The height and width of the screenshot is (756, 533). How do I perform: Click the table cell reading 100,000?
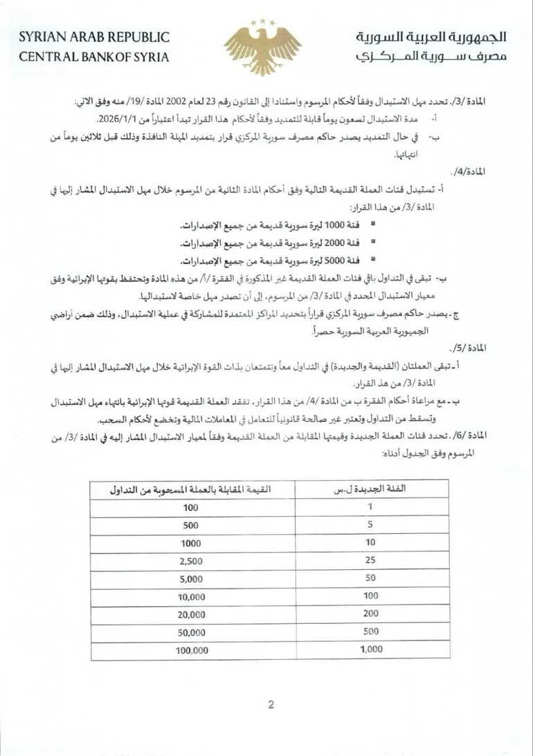coord(191,650)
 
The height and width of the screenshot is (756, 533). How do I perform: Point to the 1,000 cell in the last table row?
coord(371,650)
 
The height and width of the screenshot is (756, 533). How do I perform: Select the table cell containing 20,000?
coord(191,614)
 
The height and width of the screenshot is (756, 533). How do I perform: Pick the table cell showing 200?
coord(371,614)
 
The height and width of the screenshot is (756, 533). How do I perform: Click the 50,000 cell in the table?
coord(191,632)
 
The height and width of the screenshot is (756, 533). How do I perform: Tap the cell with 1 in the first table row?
coord(371,506)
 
